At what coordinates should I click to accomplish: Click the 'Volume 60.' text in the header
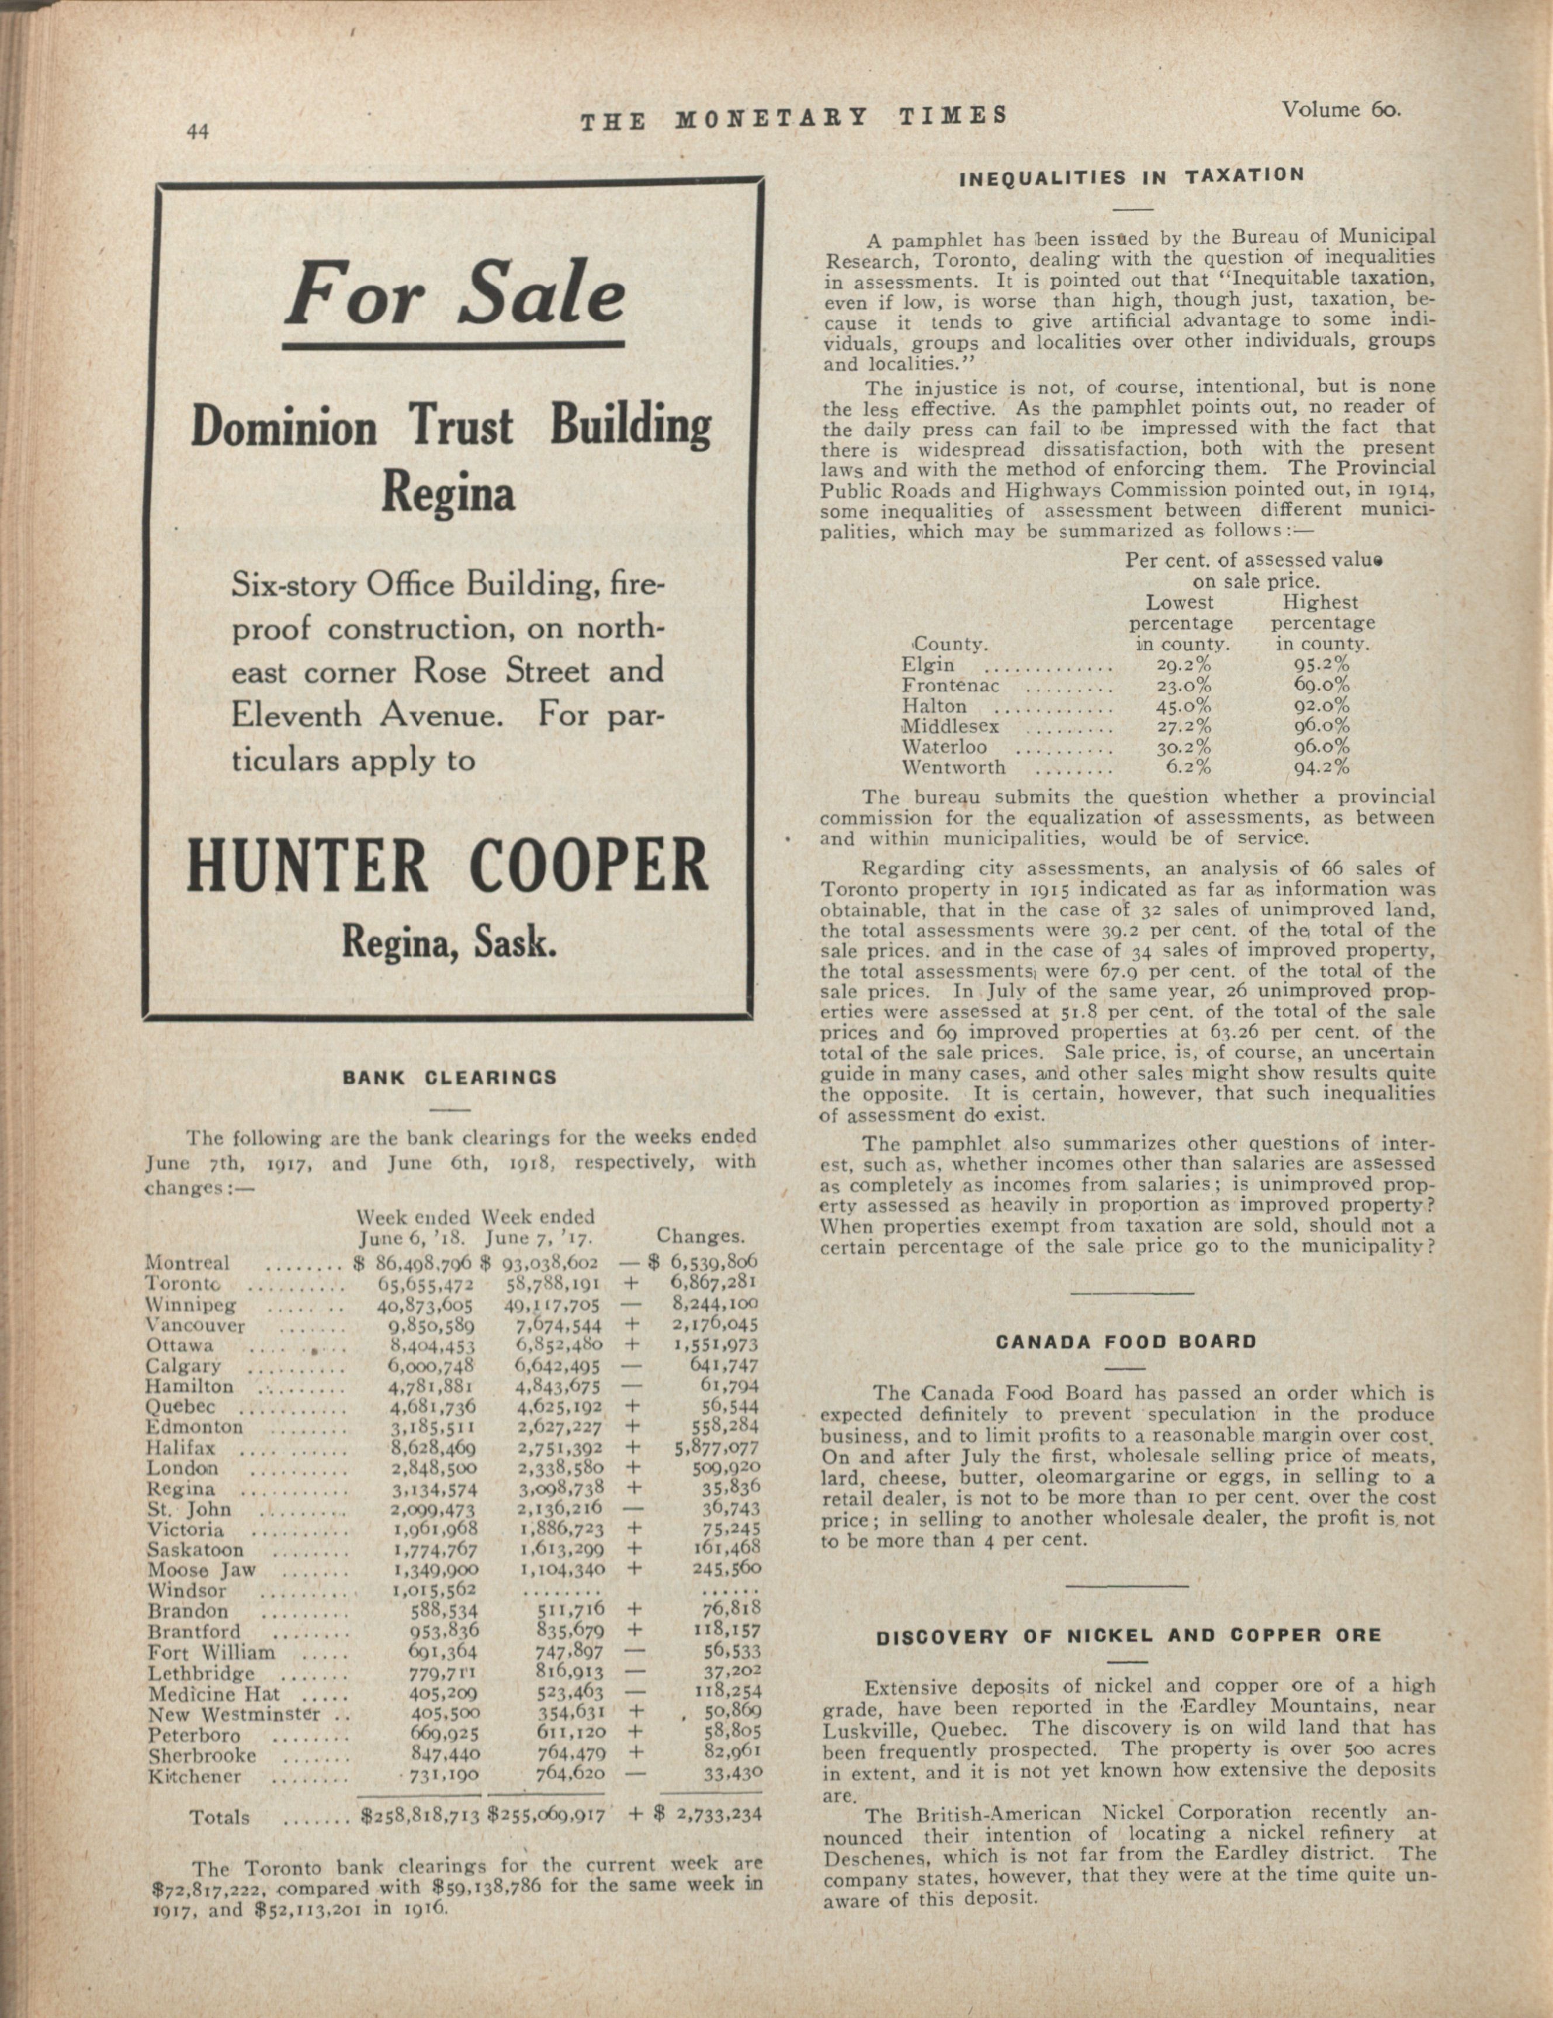coord(1341,110)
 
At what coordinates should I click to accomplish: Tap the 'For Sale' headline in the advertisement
coord(455,295)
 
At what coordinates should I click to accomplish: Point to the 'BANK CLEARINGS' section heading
coord(450,1077)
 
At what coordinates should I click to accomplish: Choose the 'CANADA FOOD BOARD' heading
coord(1126,1342)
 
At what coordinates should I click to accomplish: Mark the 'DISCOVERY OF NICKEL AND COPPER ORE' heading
coord(1128,1635)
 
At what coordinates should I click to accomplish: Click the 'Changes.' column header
coord(699,1236)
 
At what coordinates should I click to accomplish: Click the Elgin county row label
coord(928,665)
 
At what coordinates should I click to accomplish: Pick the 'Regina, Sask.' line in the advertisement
coord(449,941)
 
